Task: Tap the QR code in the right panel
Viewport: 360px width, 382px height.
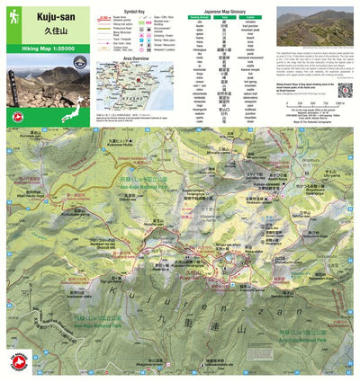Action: [345, 93]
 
